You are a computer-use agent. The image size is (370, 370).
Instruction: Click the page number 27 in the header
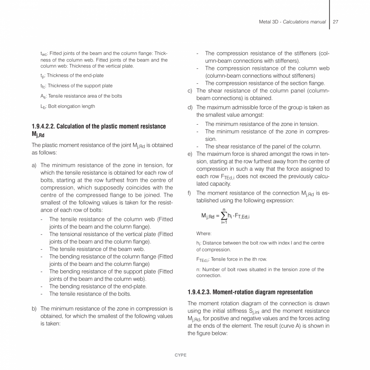click(x=336, y=22)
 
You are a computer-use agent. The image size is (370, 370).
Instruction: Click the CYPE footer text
click(x=181, y=355)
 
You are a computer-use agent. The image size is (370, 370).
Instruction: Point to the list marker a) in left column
click(x=34, y=165)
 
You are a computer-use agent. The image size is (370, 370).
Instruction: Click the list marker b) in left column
click(x=34, y=308)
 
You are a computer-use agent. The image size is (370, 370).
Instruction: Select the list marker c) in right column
click(x=190, y=90)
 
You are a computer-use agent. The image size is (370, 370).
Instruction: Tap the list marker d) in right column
click(x=190, y=107)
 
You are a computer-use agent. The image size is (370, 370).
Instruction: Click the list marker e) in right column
click(x=190, y=154)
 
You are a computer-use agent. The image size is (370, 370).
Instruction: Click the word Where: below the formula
click(x=203, y=234)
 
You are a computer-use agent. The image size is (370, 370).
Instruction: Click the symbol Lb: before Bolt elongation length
click(x=43, y=107)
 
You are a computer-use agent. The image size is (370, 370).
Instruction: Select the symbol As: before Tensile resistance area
click(x=43, y=96)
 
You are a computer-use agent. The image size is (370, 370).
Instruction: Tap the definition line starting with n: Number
click(x=260, y=269)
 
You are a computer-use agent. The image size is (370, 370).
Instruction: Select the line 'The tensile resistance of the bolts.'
click(x=90, y=294)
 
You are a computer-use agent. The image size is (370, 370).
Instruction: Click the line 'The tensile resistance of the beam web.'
click(x=97, y=249)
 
